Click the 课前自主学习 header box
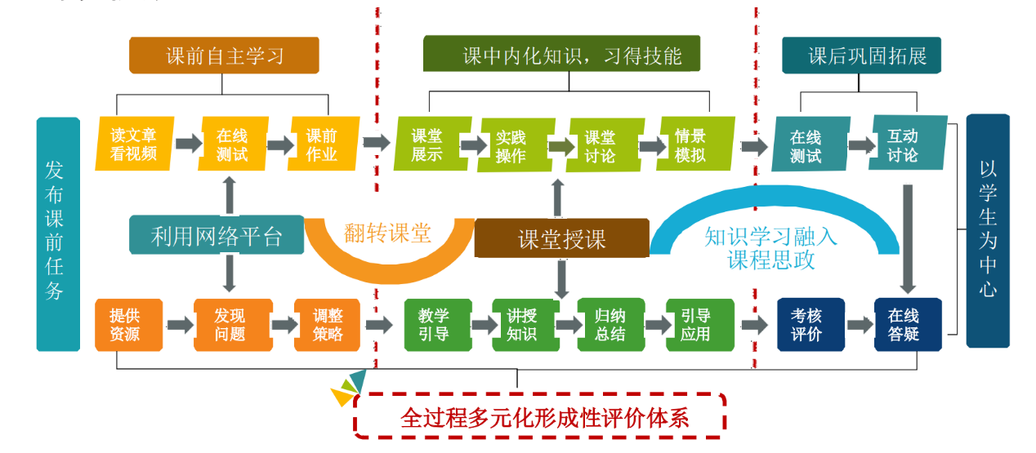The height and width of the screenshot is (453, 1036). [224, 56]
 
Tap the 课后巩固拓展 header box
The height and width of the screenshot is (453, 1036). [867, 56]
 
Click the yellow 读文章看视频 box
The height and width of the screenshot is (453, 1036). [133, 144]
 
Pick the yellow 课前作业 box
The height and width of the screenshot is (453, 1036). [322, 144]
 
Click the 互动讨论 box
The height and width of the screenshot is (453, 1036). [903, 145]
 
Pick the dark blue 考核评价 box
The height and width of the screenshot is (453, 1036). [806, 325]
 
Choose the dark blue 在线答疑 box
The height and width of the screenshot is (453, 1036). [904, 325]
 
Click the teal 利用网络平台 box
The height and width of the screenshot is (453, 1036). [217, 236]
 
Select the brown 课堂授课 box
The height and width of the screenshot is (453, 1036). [562, 238]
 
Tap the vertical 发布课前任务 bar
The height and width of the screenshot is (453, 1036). [56, 233]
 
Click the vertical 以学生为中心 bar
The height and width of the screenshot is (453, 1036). [988, 230]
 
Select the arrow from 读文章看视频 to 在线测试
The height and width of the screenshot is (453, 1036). [187, 144]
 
